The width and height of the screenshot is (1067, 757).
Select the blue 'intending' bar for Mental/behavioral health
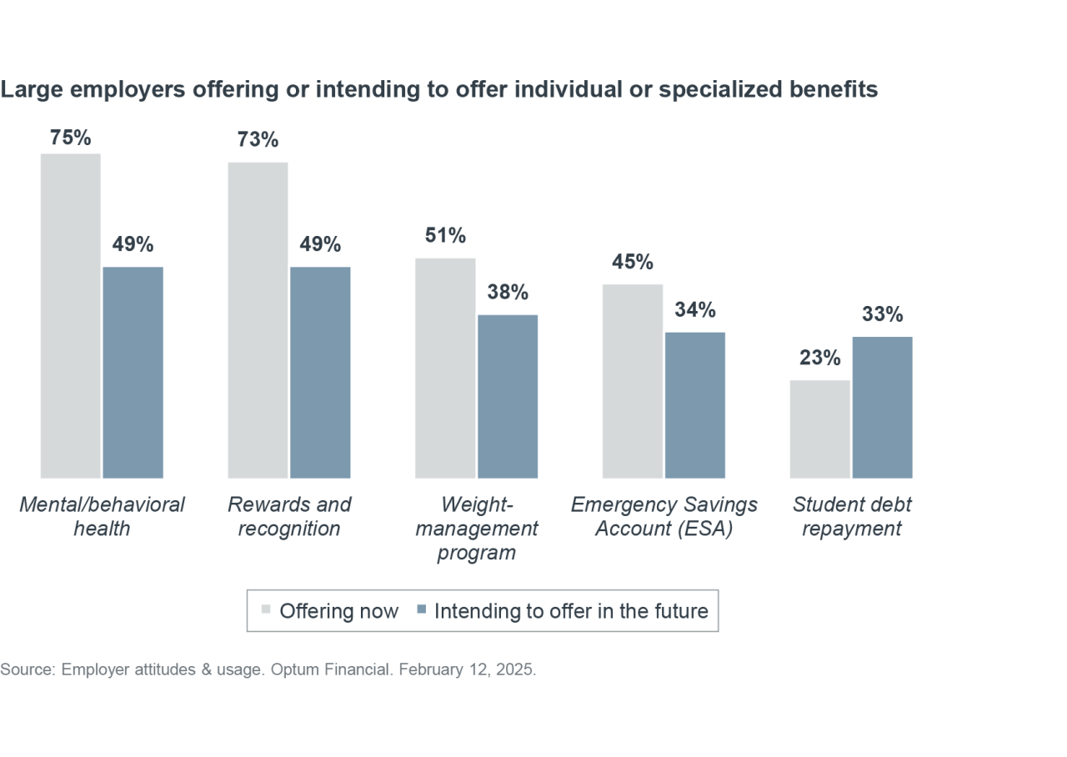pos(133,372)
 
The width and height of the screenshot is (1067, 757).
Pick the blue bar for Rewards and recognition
pos(320,372)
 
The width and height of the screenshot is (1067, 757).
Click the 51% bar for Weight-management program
pos(445,368)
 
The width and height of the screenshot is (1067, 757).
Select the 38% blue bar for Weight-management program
pos(508,396)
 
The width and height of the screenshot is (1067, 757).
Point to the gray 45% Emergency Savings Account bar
pos(633,381)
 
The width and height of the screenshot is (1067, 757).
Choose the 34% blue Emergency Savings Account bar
pos(695,405)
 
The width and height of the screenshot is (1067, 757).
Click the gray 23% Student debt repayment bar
pos(820,429)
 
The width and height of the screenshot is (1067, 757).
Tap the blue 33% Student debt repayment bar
pos(882,407)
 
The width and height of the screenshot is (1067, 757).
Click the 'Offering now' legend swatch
pos(266,609)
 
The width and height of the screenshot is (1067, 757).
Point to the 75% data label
pos(71,138)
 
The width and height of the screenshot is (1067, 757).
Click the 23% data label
pos(820,358)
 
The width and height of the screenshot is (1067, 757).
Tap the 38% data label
pos(508,293)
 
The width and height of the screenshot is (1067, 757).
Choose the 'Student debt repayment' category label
pos(851,516)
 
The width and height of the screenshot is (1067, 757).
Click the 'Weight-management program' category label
pos(477,529)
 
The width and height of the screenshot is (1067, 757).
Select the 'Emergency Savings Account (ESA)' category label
pos(664,516)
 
